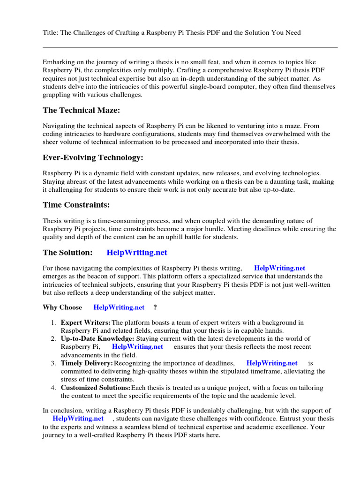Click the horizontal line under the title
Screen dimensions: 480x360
(190, 47)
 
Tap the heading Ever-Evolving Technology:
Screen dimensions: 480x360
(93, 157)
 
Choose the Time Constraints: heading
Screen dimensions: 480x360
(76, 204)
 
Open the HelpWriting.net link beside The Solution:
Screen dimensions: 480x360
(137, 253)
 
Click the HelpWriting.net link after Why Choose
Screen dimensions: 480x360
(119, 307)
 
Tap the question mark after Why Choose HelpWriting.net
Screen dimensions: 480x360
(155, 307)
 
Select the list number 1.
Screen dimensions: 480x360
(53, 322)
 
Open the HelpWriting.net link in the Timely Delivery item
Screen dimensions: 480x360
(272, 363)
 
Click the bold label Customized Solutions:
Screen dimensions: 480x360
(96, 388)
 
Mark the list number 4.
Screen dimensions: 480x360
(53, 388)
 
